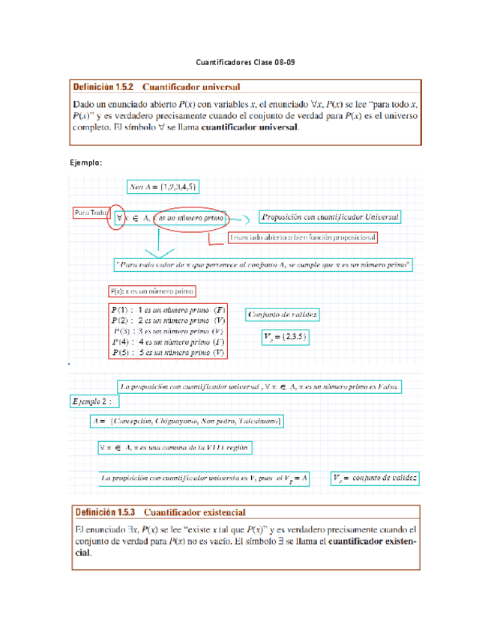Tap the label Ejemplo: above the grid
85,162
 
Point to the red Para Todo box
90,213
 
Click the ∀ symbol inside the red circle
118,218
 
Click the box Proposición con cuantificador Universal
330,217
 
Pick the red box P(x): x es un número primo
151,291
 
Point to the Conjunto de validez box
283,315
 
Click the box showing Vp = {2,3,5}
285,338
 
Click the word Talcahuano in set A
257,422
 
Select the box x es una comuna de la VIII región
174,447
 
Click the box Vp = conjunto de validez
375,477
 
